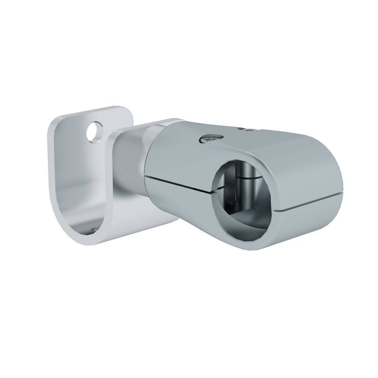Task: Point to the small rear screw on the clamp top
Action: (249, 130)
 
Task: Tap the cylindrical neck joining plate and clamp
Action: (130, 163)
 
